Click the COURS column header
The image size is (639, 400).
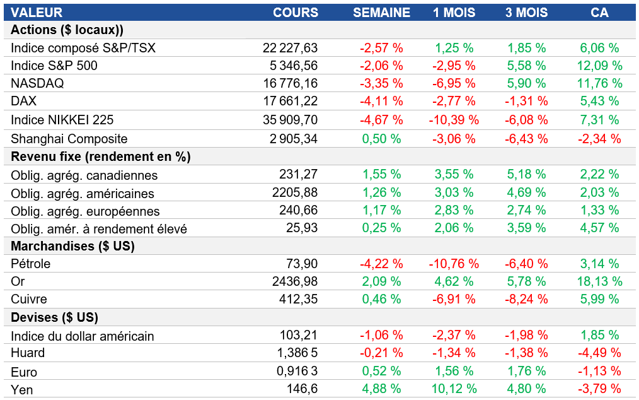pos(296,13)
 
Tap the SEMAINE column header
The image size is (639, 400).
pos(381,13)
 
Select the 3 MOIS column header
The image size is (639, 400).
pos(526,13)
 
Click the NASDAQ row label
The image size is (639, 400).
pos(37,83)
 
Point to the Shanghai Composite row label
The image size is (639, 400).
pos(69,139)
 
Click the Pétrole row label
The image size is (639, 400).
pos(31,264)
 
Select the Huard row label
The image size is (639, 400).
pos(28,353)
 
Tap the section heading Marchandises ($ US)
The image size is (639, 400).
pos(73,246)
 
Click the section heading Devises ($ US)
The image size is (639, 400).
pos(55,317)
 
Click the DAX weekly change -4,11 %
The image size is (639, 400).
pos(381,101)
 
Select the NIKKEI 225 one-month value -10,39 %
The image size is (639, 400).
pos(454,120)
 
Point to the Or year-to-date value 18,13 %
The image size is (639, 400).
pos(600,281)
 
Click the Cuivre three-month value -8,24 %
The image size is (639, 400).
pos(526,299)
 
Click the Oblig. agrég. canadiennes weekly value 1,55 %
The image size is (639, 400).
pos(381,175)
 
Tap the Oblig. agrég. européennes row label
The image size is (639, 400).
pos(85,211)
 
